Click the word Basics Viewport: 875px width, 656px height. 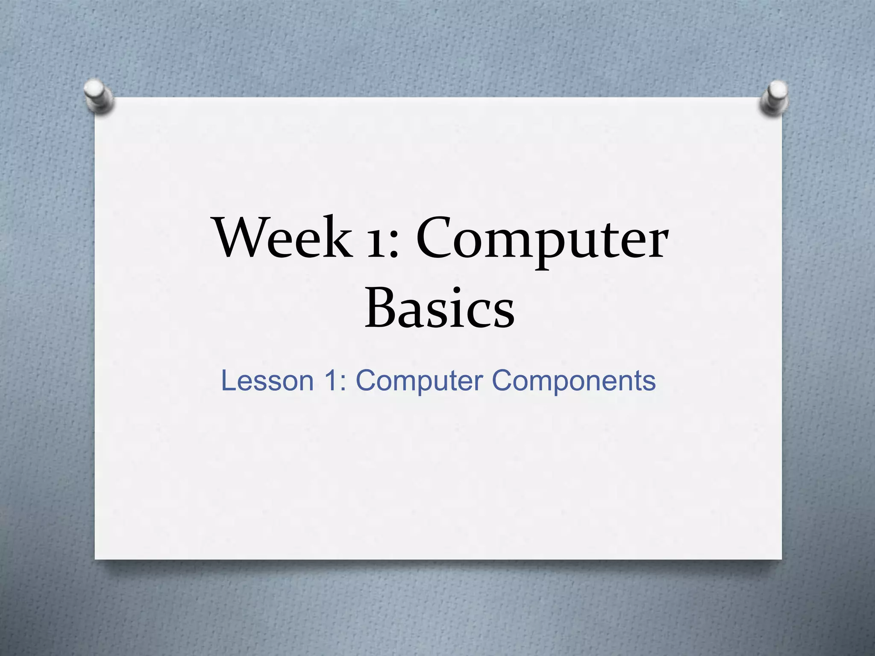click(x=440, y=307)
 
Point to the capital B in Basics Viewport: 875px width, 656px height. click(x=381, y=307)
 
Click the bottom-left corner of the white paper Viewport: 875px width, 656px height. click(x=96, y=559)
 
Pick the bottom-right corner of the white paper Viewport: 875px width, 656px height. click(x=781, y=559)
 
